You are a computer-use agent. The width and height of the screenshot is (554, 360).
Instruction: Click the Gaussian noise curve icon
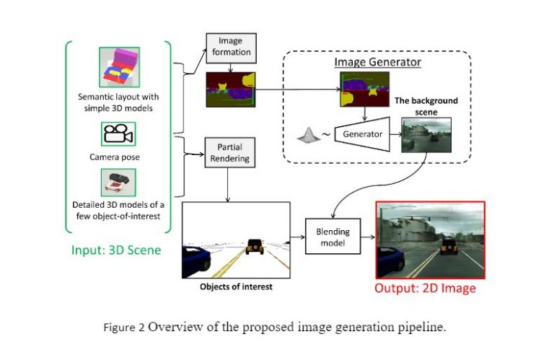(304, 133)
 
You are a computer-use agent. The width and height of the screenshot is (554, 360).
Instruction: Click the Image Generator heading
(377, 63)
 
